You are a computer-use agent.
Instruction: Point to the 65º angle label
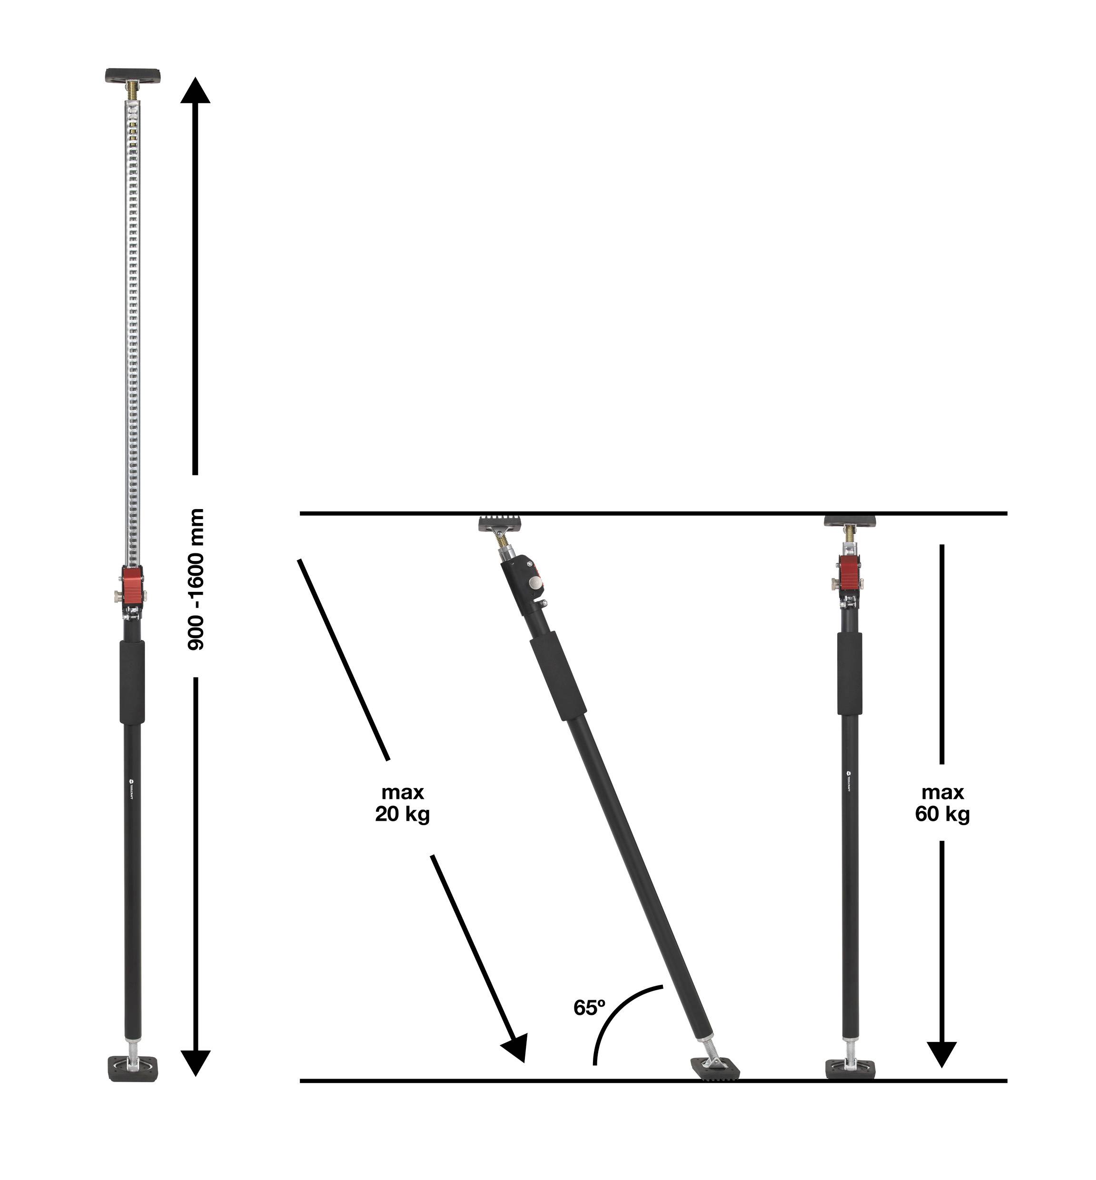click(x=589, y=1007)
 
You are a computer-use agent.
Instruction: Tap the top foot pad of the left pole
click(x=133, y=75)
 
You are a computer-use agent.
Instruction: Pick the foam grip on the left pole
click(x=132, y=682)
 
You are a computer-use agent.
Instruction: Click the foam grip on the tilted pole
click(x=557, y=676)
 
